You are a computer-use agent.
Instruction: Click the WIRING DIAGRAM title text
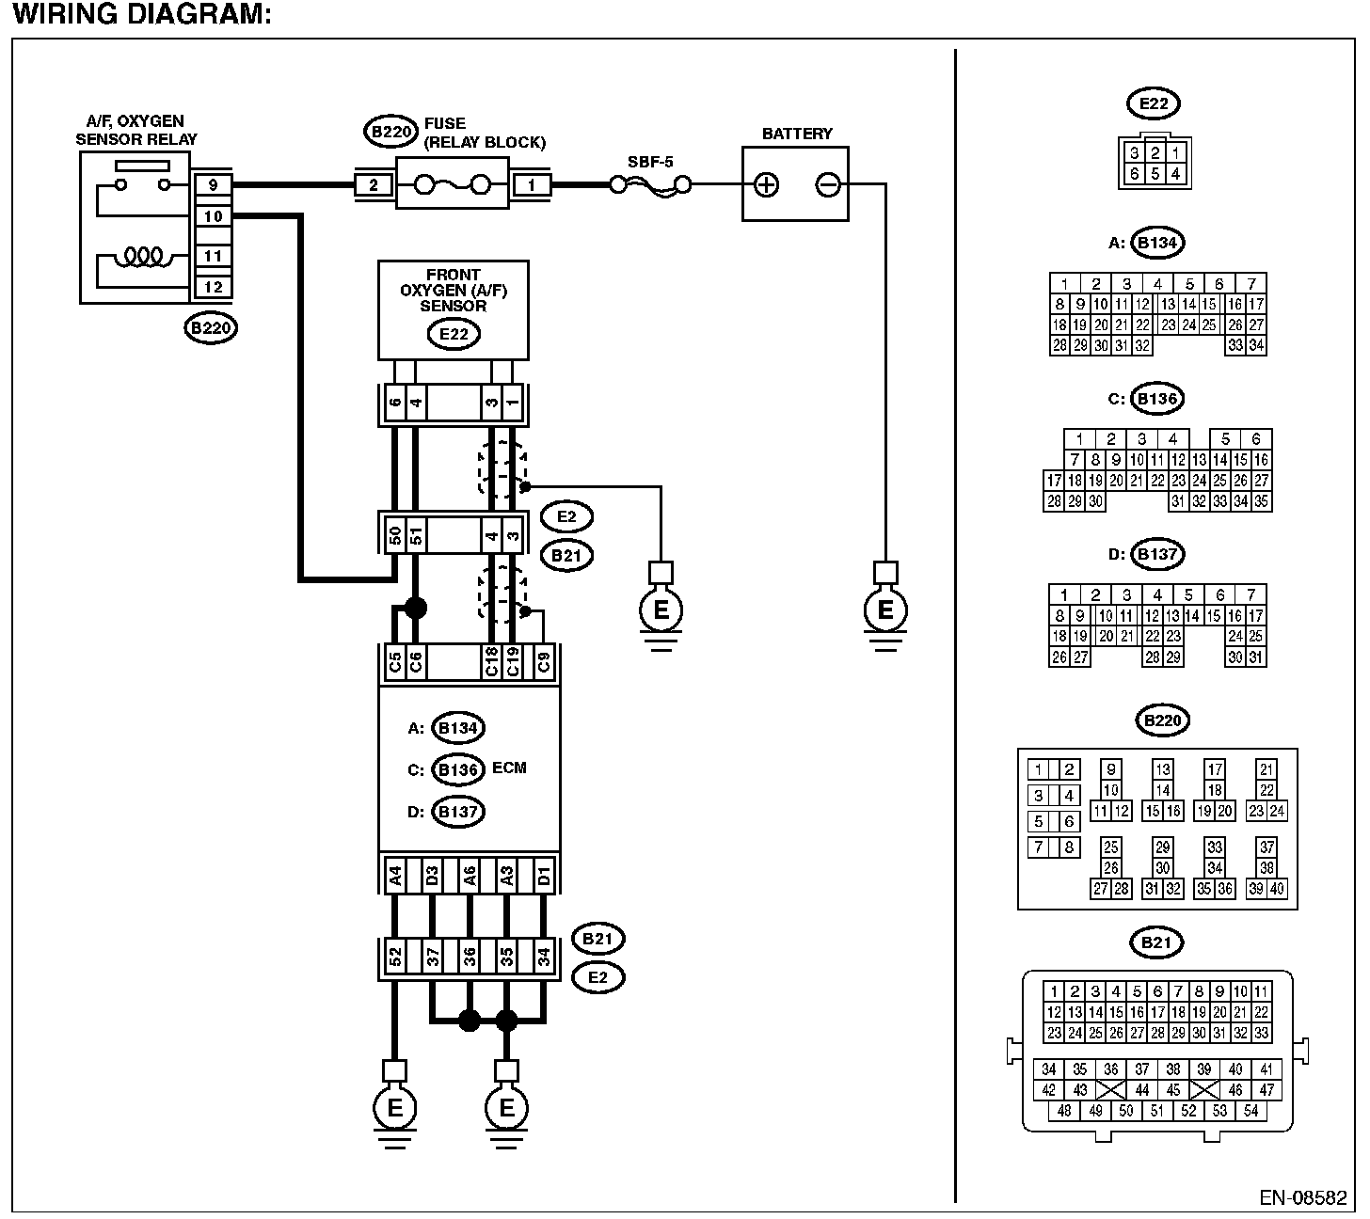point(141,15)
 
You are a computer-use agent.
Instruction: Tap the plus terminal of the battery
point(767,185)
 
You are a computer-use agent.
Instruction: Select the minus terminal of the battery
point(828,185)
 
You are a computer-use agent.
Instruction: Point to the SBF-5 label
point(650,162)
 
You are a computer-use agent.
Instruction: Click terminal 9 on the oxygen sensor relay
point(213,185)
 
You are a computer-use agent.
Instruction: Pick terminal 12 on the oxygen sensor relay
point(213,287)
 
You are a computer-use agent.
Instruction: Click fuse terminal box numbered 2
point(374,185)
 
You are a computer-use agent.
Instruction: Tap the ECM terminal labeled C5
point(395,662)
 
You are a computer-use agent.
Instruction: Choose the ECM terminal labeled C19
point(512,662)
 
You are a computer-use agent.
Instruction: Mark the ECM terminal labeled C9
point(543,662)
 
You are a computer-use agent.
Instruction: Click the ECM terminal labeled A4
point(395,875)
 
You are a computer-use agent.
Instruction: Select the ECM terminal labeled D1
point(543,875)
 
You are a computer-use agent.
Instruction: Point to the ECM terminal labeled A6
point(469,875)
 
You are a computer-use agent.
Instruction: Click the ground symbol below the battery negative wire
point(884,611)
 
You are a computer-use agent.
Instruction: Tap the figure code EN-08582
point(1303,1198)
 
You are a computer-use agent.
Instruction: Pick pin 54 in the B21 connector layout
point(1251,1111)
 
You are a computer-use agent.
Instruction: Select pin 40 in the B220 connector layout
point(1277,888)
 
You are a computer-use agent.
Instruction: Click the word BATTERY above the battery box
point(797,134)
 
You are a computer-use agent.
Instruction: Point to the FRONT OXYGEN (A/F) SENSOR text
point(454,291)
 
